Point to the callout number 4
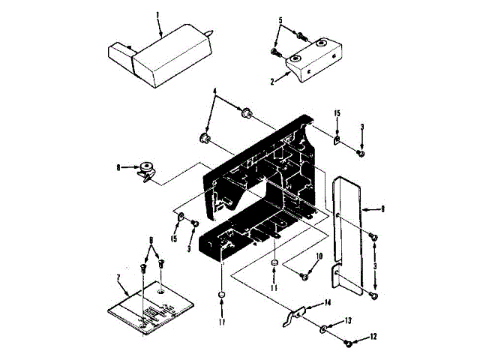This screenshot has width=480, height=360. [215, 94]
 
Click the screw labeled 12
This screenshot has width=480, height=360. [347, 343]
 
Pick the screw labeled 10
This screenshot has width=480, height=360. [304, 276]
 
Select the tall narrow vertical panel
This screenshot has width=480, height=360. [349, 232]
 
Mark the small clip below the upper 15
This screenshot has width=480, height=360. [337, 139]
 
